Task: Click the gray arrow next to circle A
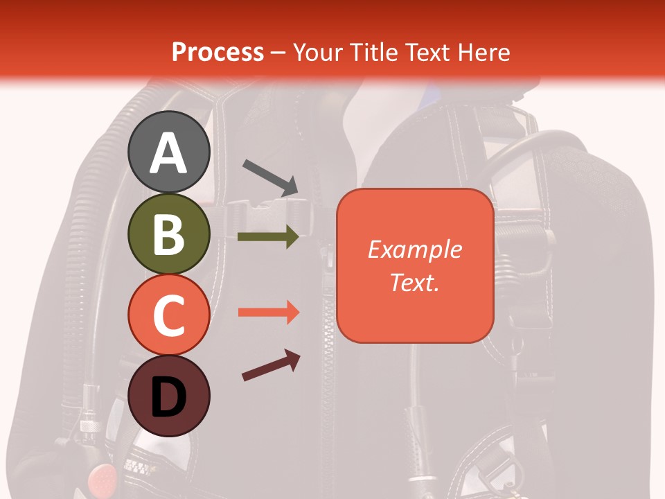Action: coord(270,177)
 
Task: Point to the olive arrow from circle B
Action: coord(268,237)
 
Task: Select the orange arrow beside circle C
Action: coord(268,313)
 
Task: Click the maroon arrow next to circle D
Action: coord(271,366)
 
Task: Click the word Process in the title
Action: coord(218,53)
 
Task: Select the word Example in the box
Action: coord(414,249)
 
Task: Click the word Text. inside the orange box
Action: coord(414,282)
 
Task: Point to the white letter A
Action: coord(168,154)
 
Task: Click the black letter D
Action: coord(168,398)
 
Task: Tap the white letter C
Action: coord(168,316)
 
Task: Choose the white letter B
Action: coord(168,235)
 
